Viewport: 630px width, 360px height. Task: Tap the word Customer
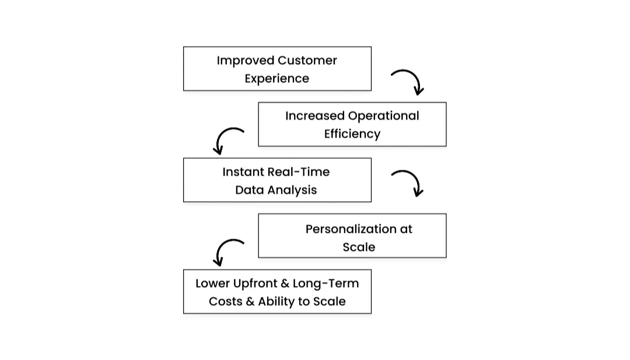click(x=307, y=61)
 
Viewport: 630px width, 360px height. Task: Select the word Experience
click(x=276, y=79)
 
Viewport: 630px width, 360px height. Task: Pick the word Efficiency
click(x=352, y=134)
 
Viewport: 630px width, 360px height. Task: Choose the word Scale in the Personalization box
click(x=359, y=247)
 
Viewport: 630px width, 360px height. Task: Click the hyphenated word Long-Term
click(x=325, y=284)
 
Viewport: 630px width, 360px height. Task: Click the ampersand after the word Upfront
click(x=285, y=284)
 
